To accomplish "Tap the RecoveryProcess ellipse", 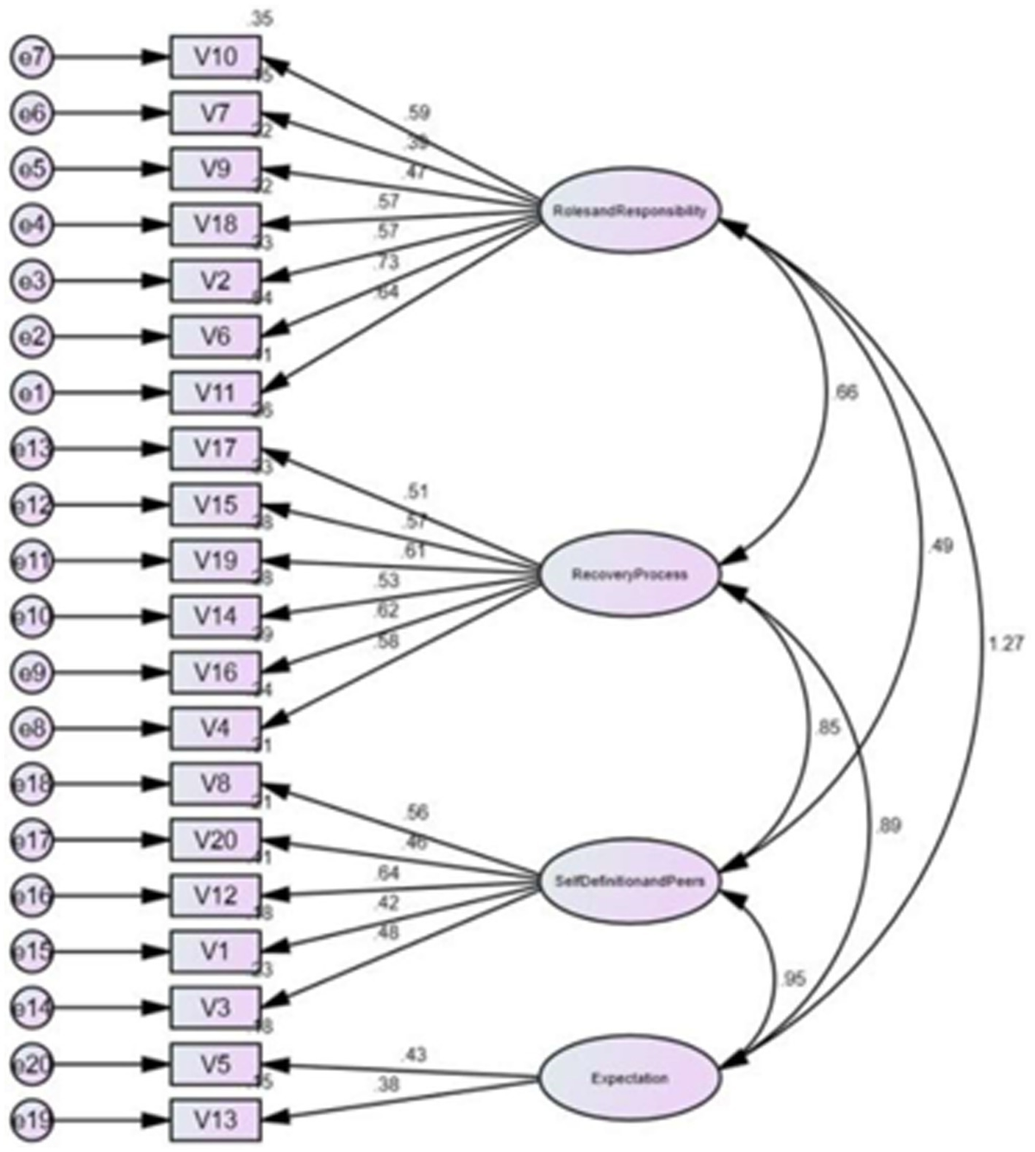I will (x=629, y=575).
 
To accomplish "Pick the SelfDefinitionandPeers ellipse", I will (x=629, y=881).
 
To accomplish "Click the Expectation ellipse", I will (x=629, y=1078).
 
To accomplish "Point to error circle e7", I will (x=32, y=58).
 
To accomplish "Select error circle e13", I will (x=32, y=449).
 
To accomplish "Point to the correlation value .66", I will (x=846, y=393).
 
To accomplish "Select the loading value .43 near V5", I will (x=413, y=1054).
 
